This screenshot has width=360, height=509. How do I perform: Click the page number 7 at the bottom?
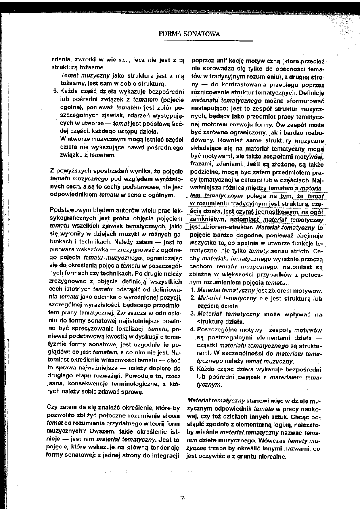coord(182,499)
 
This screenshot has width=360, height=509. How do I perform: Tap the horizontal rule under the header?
coord(188,40)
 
